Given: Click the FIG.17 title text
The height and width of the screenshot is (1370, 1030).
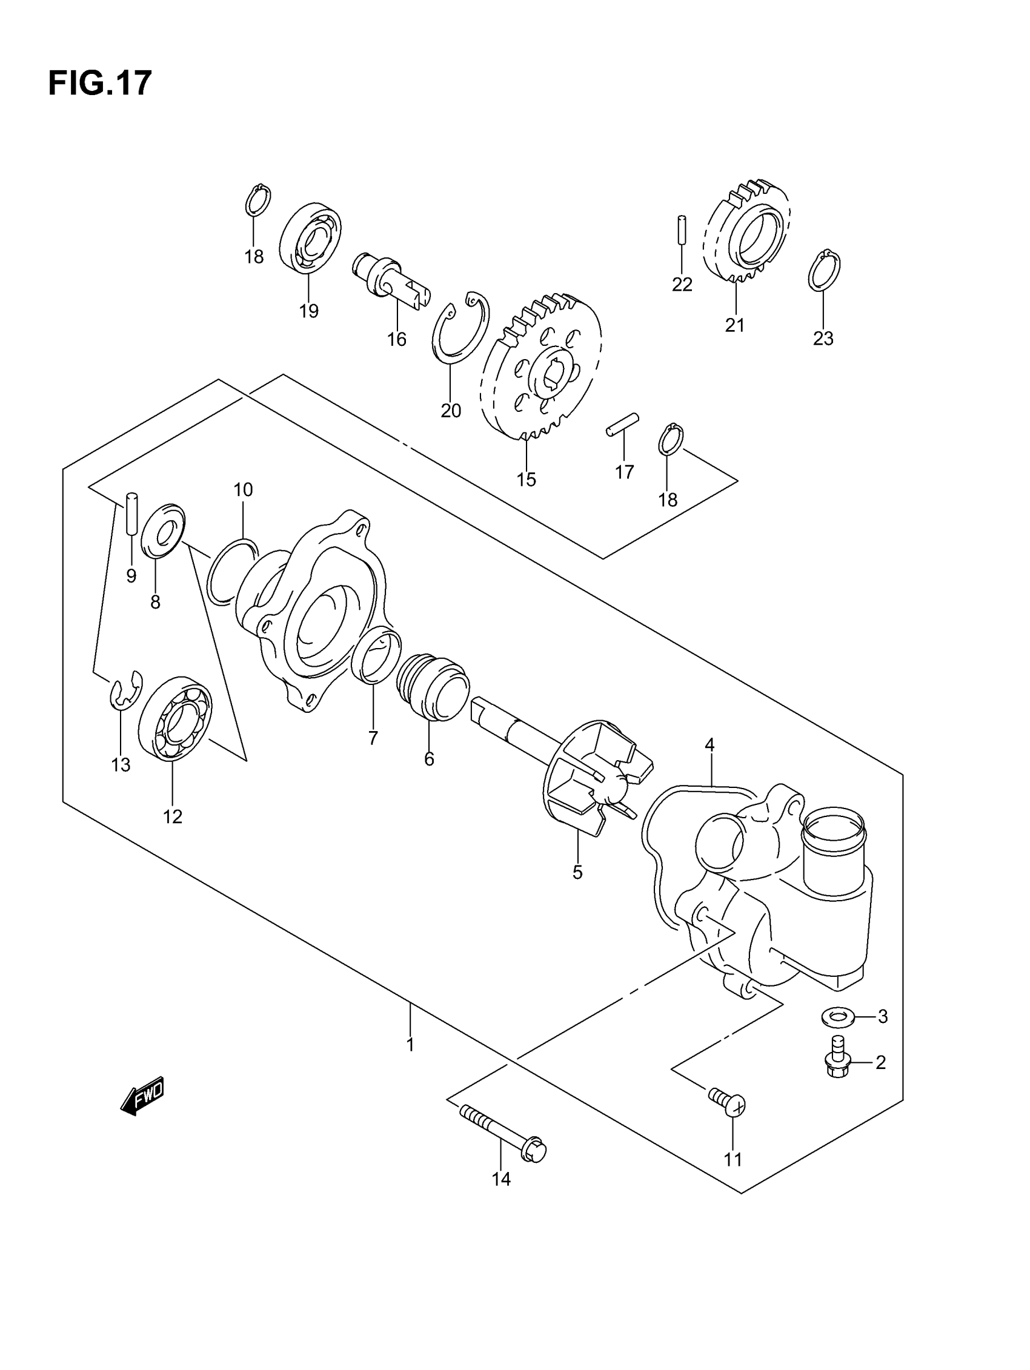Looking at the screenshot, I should click(x=99, y=83).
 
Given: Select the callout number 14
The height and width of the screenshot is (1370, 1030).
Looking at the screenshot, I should click(x=500, y=1179).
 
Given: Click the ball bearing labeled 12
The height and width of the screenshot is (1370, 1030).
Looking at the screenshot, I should click(x=174, y=718).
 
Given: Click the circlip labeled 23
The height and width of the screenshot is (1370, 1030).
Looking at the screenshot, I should click(x=823, y=271).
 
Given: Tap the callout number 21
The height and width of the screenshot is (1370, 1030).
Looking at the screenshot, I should click(x=734, y=325).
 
